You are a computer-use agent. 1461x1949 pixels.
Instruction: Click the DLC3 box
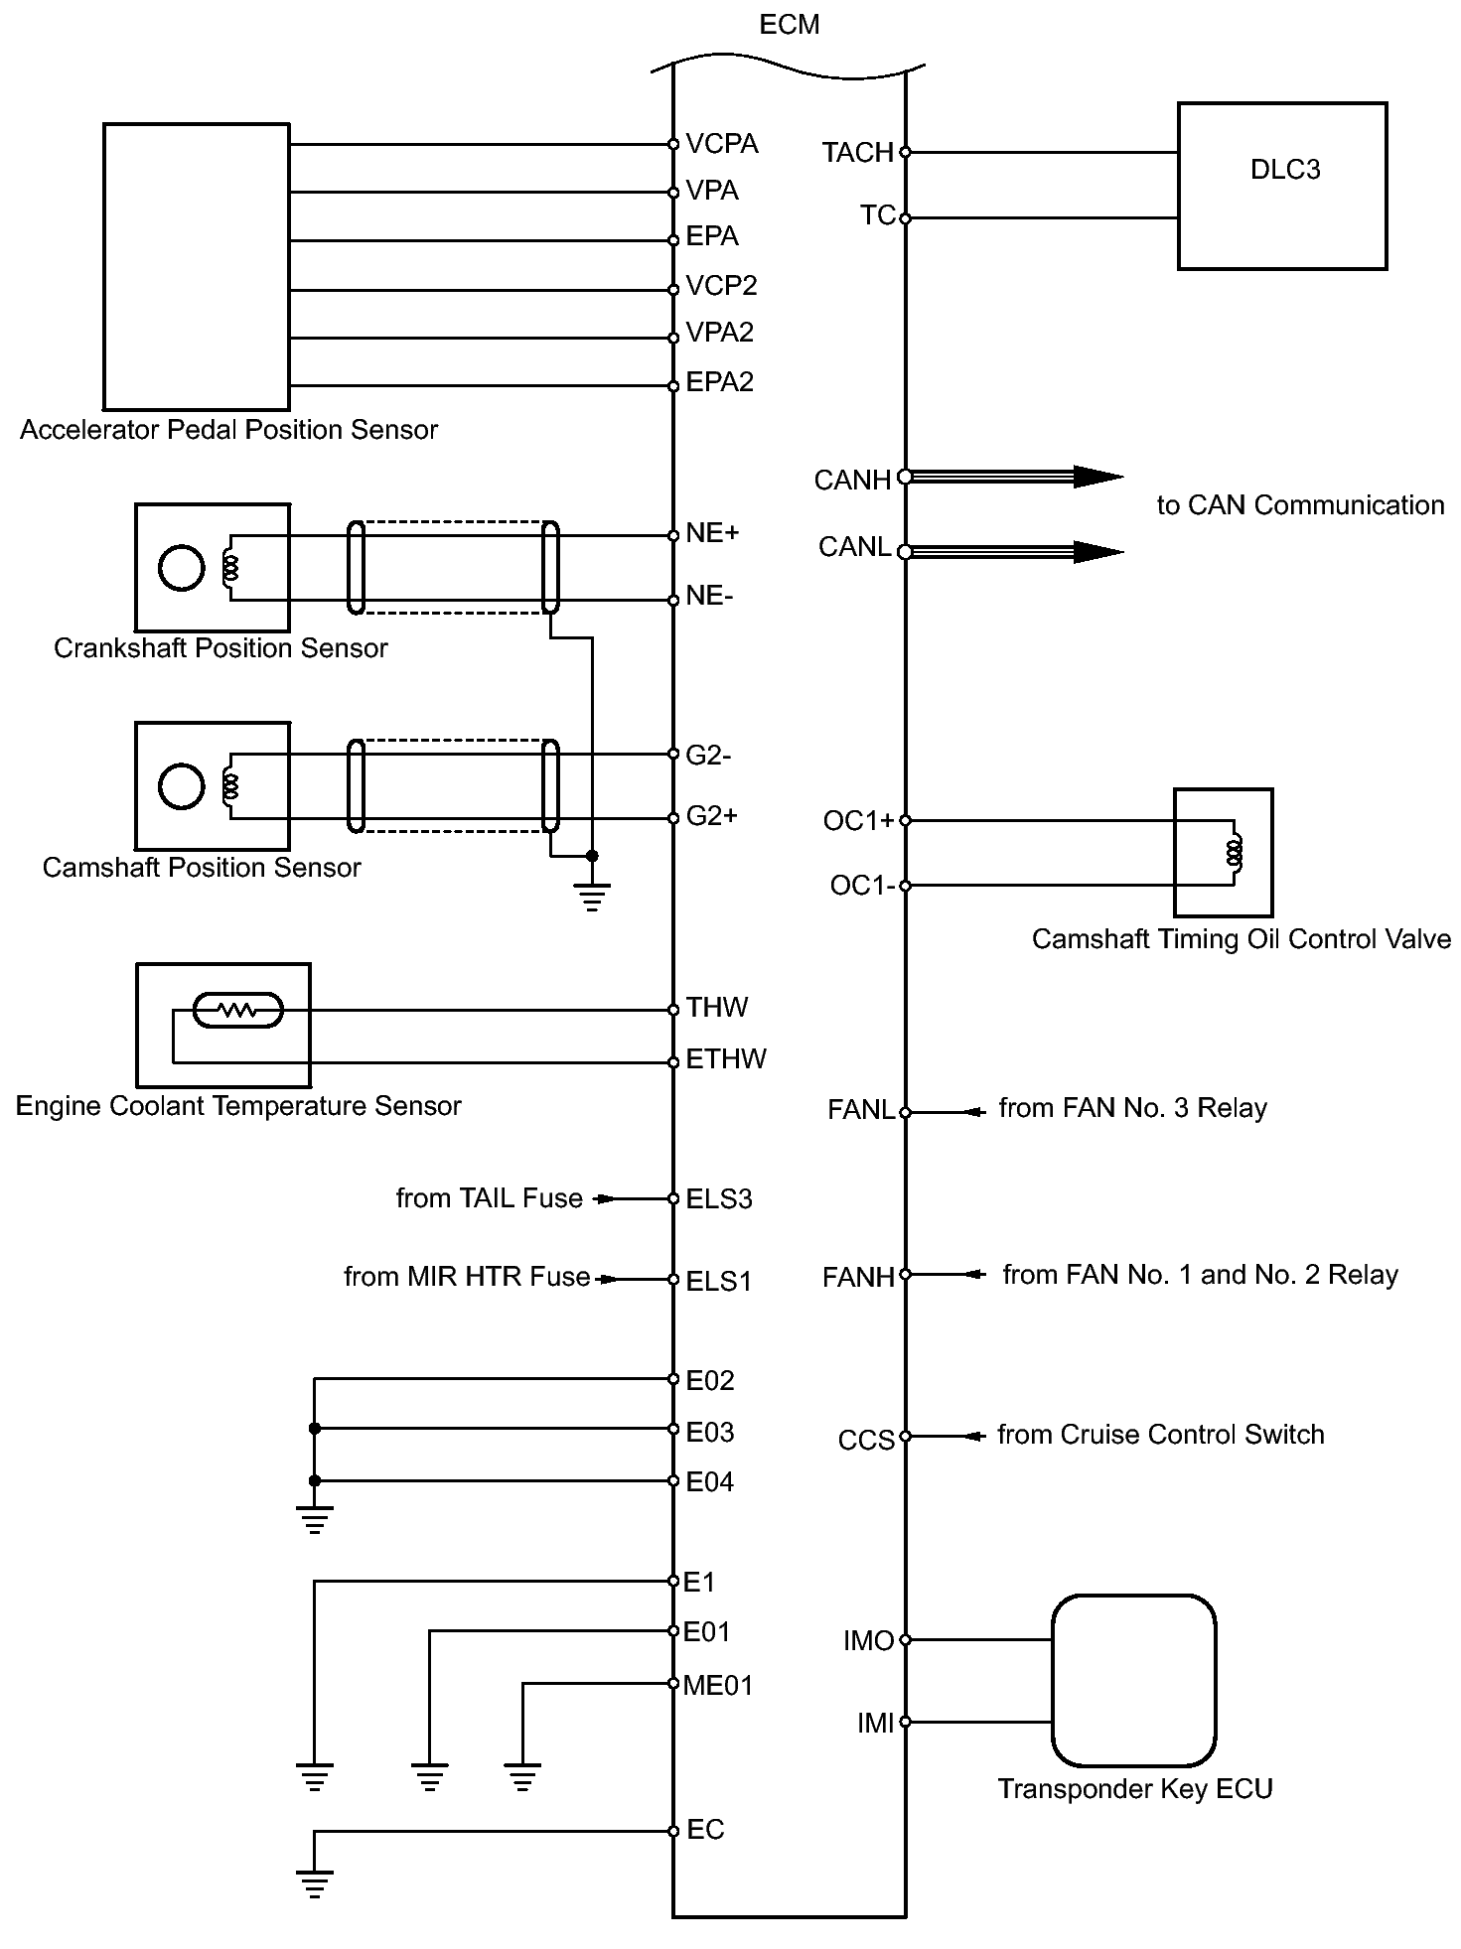[x=1281, y=186]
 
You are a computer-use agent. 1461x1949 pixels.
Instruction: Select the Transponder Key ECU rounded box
[x=1133, y=1680]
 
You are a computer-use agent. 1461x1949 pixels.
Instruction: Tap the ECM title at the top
[x=790, y=25]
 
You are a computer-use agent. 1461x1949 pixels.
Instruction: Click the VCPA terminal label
[x=722, y=144]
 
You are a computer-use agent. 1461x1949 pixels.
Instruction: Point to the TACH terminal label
[x=857, y=153]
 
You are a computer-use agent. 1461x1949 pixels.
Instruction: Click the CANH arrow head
[x=1097, y=477]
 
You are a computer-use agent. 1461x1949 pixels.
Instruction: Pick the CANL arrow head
[x=1097, y=552]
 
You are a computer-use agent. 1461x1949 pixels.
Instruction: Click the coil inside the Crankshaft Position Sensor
[x=231, y=568]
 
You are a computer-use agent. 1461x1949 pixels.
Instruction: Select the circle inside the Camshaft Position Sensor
[x=181, y=786]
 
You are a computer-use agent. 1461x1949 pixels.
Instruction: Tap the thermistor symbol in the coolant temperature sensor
[x=237, y=1011]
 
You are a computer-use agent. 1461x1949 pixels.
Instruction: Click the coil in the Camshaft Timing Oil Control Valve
[x=1235, y=852]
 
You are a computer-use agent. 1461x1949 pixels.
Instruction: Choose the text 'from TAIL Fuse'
[x=489, y=1198]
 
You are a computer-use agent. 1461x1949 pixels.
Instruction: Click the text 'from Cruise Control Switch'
[x=1160, y=1435]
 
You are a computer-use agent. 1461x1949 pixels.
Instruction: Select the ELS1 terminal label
[x=719, y=1281]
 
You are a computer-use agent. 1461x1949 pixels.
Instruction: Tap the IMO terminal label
[x=869, y=1641]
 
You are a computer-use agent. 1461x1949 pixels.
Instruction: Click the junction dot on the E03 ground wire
[x=315, y=1429]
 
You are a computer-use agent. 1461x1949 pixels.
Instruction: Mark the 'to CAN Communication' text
[x=1299, y=505]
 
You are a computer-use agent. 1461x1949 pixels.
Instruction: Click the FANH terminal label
[x=859, y=1277]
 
